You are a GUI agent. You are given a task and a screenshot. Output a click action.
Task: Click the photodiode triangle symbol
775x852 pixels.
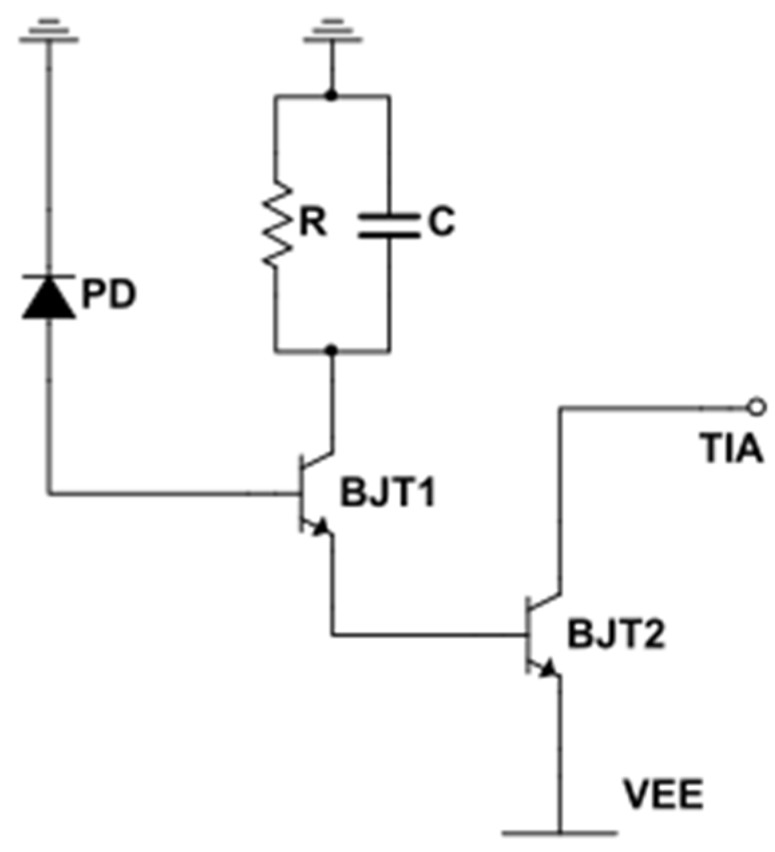[49, 298]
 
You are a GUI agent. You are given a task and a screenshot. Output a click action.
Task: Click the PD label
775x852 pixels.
[108, 295]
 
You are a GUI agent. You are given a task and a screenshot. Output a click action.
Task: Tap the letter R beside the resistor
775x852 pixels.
[313, 224]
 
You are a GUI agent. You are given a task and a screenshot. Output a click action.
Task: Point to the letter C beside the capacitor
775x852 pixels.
[441, 223]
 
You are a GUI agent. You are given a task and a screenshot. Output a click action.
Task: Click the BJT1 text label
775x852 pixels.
[388, 495]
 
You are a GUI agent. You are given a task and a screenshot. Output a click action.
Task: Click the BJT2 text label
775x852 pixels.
[616, 635]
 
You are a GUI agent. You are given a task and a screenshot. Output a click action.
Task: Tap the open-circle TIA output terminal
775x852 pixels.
[756, 405]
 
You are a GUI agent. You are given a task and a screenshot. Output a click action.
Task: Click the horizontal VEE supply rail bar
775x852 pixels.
[559, 833]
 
